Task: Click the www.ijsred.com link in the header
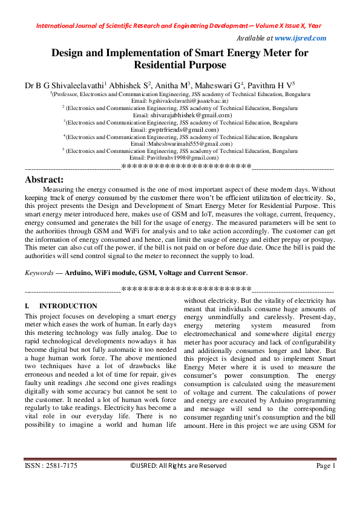pyautogui.click(x=301, y=38)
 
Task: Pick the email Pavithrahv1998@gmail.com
pyautogui.click(x=182, y=157)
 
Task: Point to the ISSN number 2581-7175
pyautogui.click(x=62, y=466)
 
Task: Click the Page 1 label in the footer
pyautogui.click(x=325, y=466)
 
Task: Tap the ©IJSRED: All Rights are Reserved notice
pyautogui.click(x=178, y=466)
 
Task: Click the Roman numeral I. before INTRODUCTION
pyautogui.click(x=27, y=306)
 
